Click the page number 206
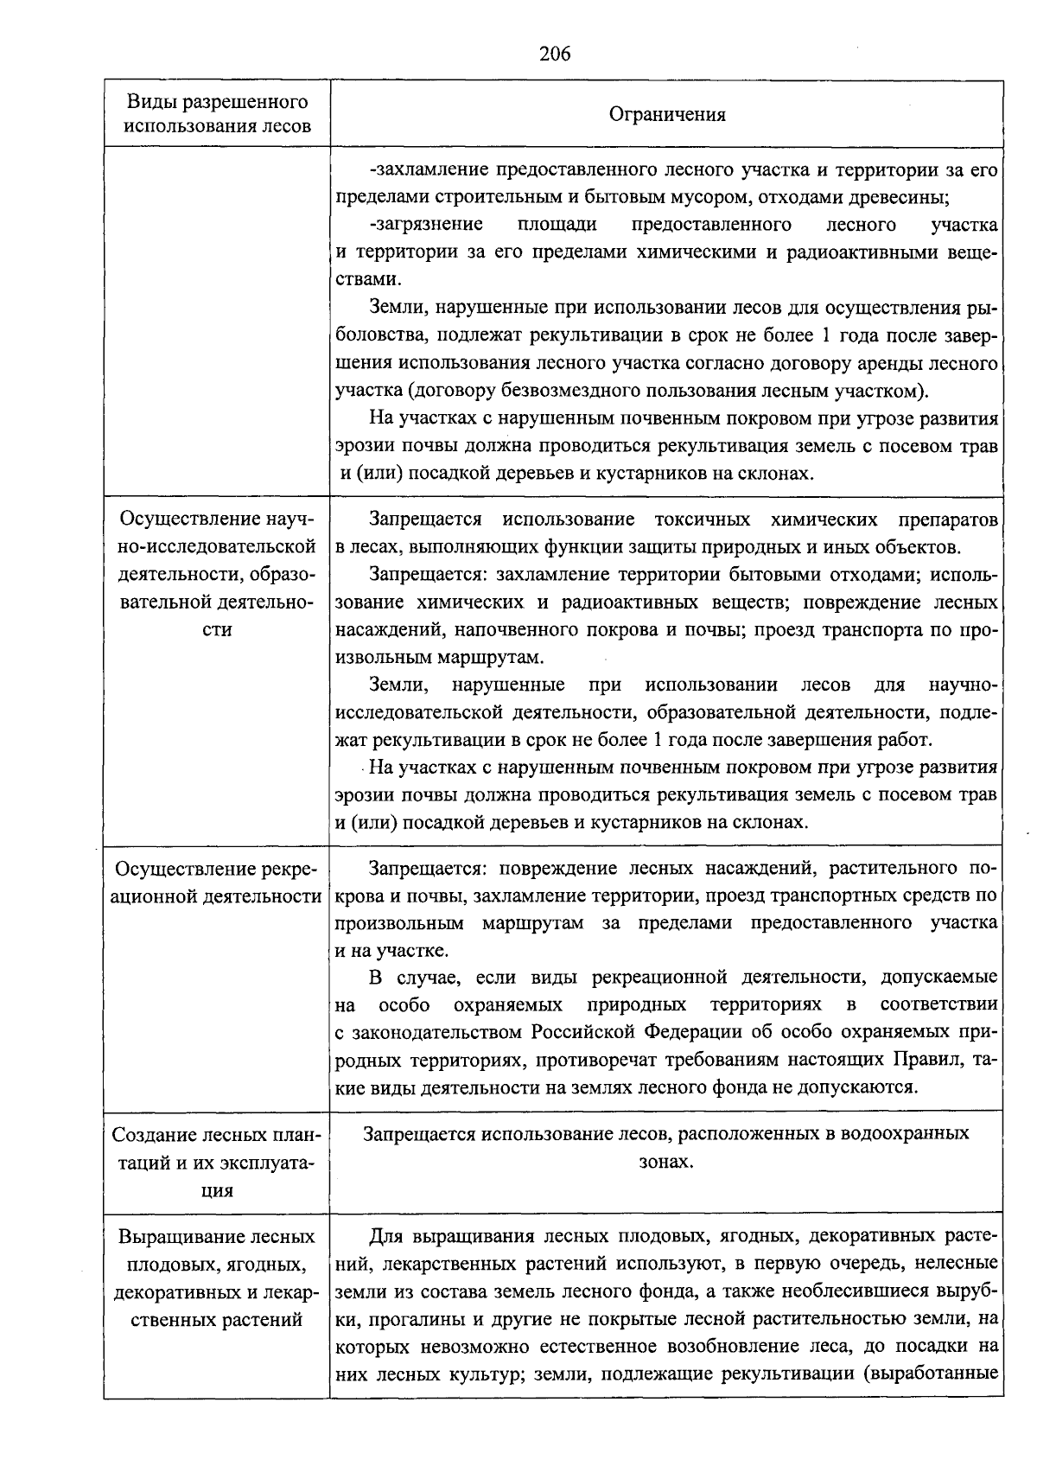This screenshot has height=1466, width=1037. click(555, 54)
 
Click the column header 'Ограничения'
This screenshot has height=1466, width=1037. click(667, 114)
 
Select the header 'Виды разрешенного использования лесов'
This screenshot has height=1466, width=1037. click(217, 114)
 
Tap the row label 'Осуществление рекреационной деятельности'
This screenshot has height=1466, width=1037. click(217, 883)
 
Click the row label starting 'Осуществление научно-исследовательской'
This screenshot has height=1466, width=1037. click(217, 574)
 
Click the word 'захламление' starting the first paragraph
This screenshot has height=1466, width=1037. click(424, 170)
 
